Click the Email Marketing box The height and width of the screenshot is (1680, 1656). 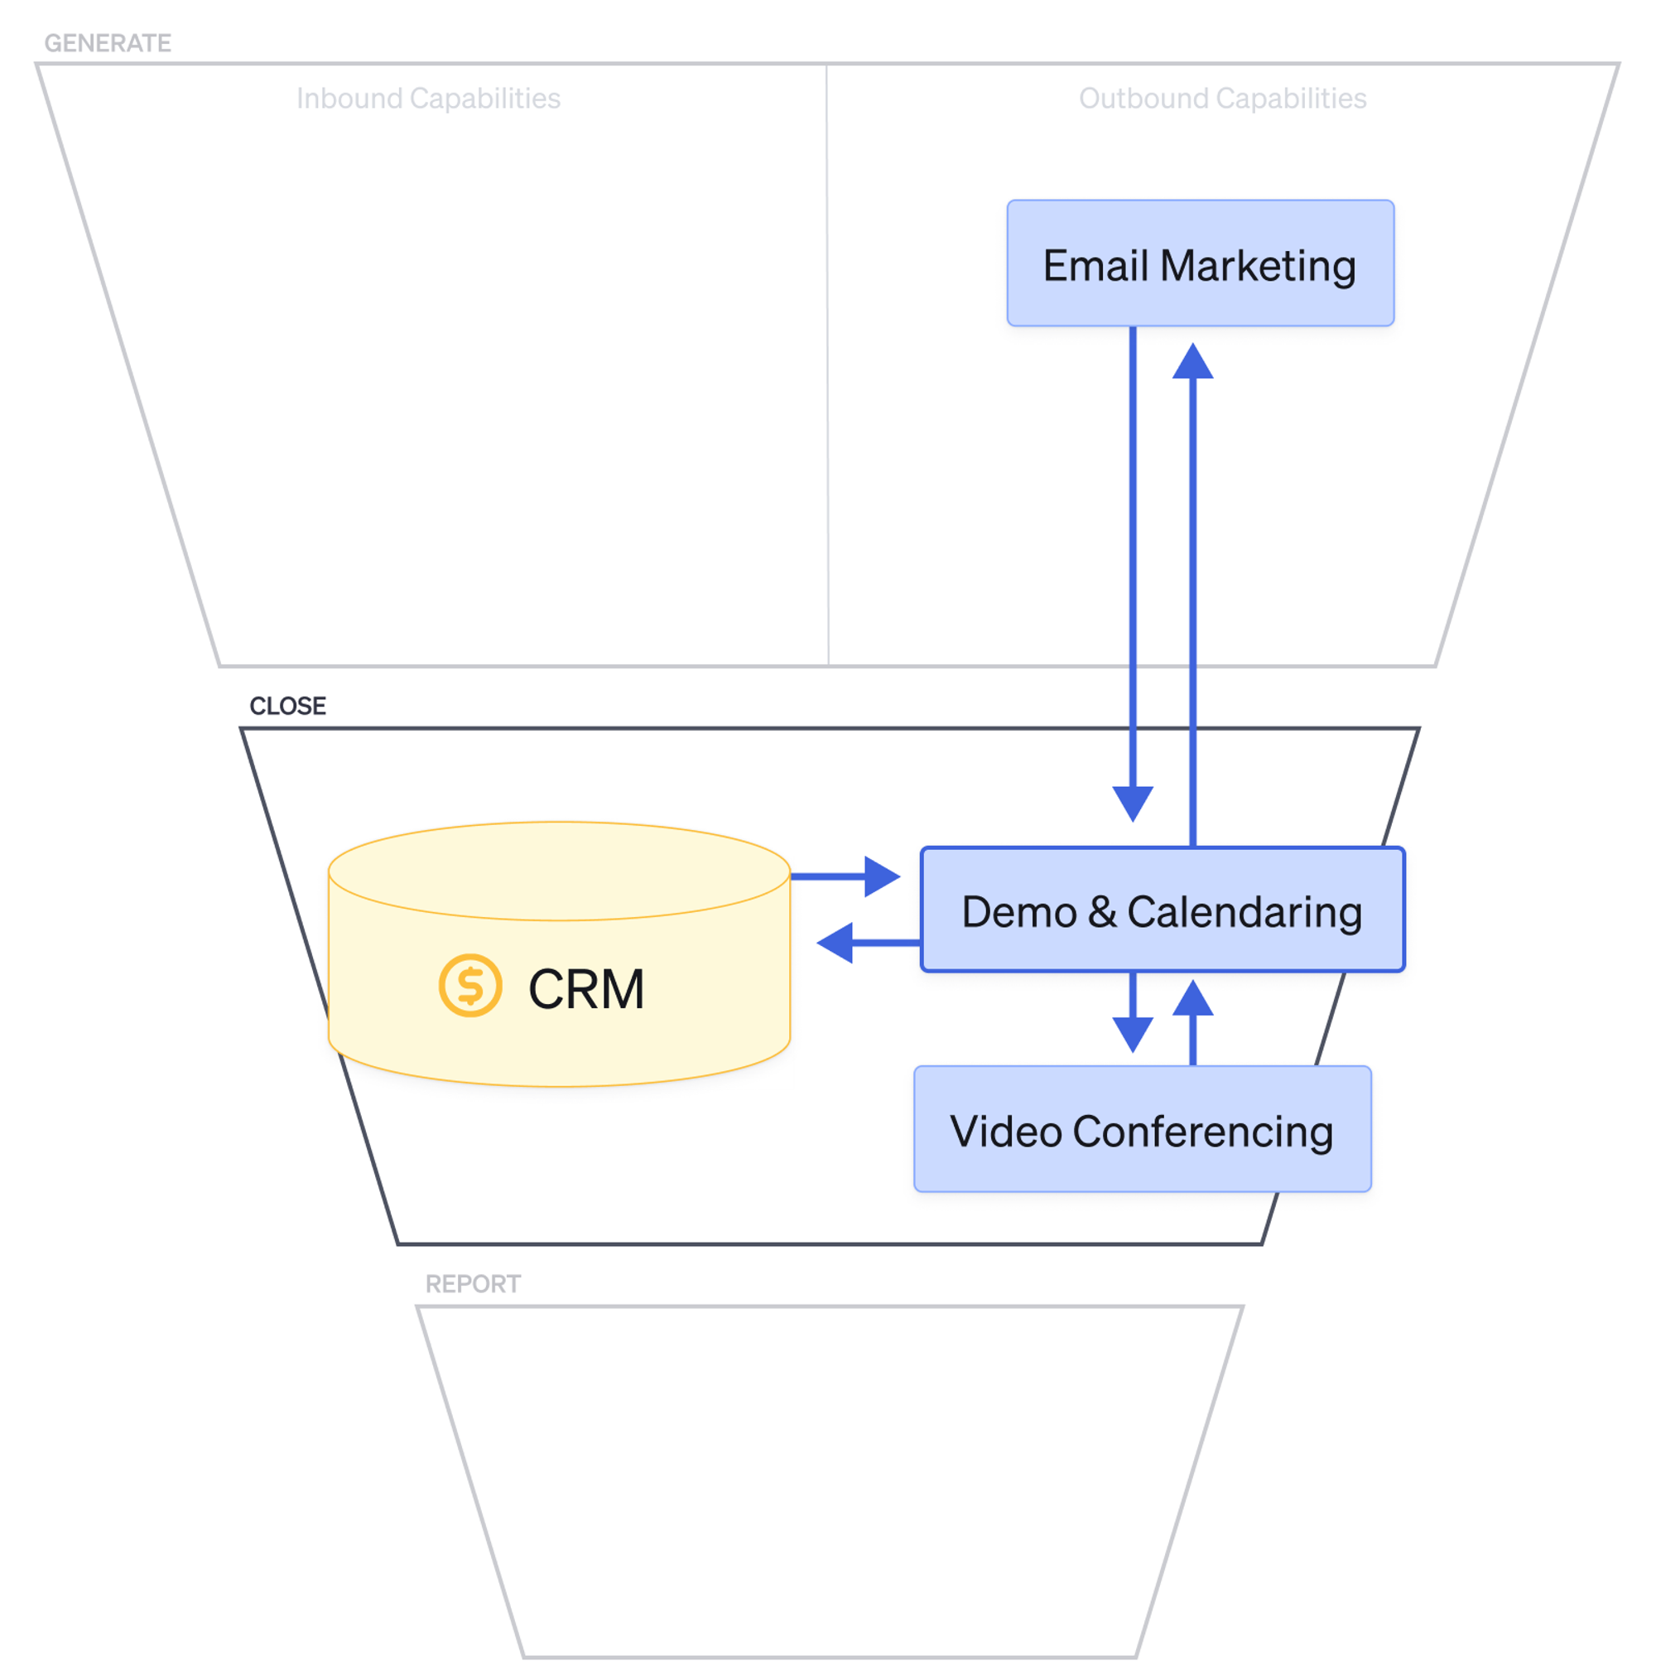pos(1199,263)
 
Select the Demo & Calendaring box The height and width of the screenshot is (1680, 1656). pos(1162,909)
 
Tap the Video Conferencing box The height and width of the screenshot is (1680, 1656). pos(1141,1127)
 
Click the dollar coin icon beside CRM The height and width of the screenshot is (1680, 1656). pos(469,985)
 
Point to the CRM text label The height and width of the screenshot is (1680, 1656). pos(586,988)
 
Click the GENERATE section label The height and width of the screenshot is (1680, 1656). pos(108,42)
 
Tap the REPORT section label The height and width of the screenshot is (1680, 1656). pos(472,1282)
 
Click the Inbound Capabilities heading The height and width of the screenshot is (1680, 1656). pos(428,99)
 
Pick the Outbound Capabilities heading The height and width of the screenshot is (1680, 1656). pos(1221,99)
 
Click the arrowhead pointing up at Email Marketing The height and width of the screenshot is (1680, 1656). pos(1191,362)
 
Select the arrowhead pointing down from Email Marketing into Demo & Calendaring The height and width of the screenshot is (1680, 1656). pos(1132,802)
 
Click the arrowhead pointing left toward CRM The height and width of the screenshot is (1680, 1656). pos(835,942)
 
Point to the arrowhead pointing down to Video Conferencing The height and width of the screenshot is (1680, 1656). pos(1132,1033)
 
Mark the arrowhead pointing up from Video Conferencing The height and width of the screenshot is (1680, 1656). pos(1191,998)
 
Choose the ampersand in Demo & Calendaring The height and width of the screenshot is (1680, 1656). pos(1101,911)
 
